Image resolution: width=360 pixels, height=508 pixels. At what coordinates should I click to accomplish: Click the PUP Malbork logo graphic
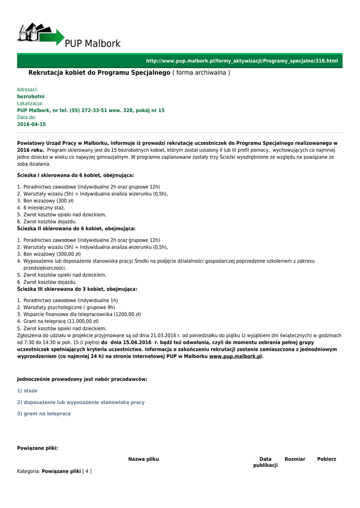point(41,35)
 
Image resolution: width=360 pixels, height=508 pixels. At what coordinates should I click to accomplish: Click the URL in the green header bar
point(241,61)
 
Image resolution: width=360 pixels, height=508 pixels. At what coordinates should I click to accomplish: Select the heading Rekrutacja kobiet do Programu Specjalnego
point(99,73)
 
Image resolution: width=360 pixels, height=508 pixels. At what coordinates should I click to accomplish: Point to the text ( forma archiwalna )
point(201,73)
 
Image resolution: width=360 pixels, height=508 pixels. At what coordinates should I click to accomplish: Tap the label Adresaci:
point(27,90)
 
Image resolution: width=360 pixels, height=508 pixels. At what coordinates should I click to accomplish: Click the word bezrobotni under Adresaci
point(31,96)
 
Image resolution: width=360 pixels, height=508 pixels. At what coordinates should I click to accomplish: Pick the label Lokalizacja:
point(30,103)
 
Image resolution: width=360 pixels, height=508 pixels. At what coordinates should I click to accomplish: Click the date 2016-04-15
point(31,124)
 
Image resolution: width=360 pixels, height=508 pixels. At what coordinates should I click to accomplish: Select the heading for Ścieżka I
point(75,175)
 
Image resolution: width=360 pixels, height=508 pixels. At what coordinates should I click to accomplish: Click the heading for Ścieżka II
point(76,229)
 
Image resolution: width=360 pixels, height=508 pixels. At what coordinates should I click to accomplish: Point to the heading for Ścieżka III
point(77,289)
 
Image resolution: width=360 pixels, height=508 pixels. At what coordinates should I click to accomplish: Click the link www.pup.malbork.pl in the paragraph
point(235,356)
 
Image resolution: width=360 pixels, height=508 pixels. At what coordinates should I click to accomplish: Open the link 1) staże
point(27,391)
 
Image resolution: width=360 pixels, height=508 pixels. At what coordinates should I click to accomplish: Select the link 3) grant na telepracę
point(44,413)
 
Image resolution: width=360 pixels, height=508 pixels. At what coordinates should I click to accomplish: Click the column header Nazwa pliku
point(144,459)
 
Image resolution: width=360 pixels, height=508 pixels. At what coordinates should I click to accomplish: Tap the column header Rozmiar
point(295,459)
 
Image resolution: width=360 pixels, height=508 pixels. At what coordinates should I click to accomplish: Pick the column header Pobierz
point(327,459)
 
